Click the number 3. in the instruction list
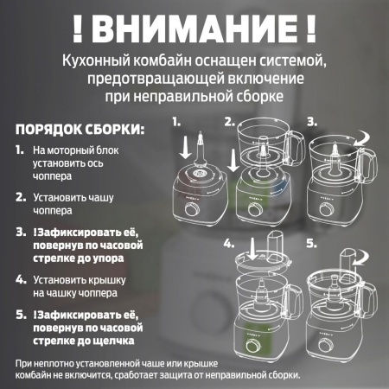(x=20, y=233)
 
